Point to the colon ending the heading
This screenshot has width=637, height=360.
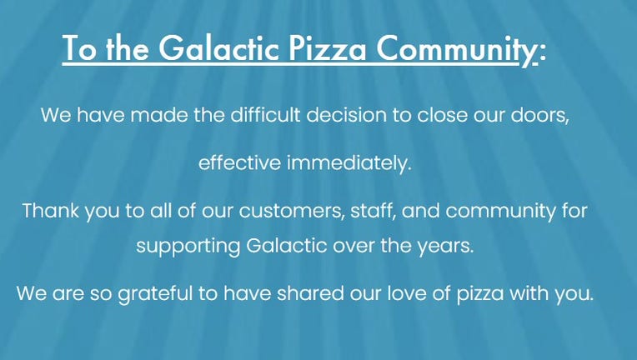pyautogui.click(x=543, y=52)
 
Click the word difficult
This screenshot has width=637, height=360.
pyautogui.click(x=266, y=114)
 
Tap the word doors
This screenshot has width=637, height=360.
pyautogui.click(x=539, y=115)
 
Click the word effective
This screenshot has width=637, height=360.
pyautogui.click(x=239, y=162)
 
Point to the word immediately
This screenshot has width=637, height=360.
pyautogui.click(x=349, y=163)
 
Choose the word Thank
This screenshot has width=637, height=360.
pyautogui.click(x=50, y=211)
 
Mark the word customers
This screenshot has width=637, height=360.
pyautogui.click(x=292, y=212)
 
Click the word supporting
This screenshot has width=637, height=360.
pyautogui.click(x=188, y=247)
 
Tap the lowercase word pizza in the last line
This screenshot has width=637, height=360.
pyautogui.click(x=480, y=294)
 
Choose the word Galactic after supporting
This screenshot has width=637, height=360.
pyautogui.click(x=287, y=246)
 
